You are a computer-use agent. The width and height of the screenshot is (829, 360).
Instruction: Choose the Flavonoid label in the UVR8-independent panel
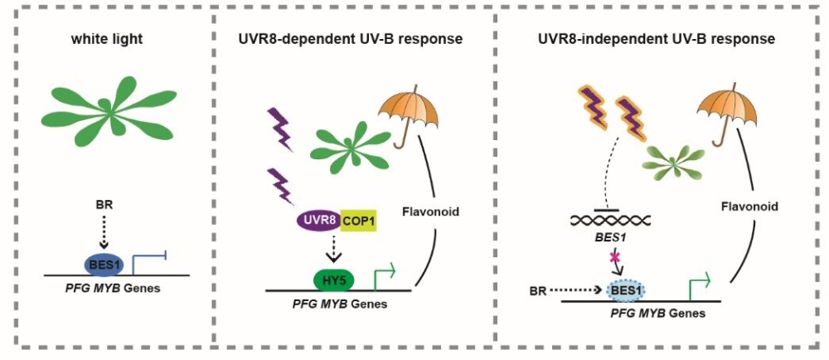[749, 207]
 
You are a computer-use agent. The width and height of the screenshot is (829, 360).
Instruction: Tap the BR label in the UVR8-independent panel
[539, 291]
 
